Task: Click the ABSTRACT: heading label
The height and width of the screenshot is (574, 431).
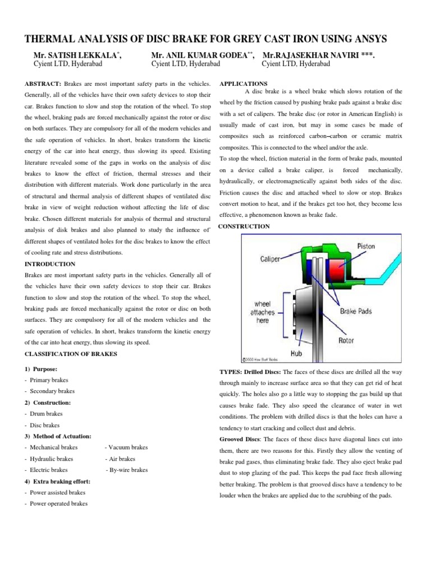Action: (x=44, y=83)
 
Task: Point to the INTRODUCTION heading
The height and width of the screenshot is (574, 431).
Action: (x=50, y=263)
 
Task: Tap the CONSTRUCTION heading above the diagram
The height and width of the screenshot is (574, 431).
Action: (x=244, y=226)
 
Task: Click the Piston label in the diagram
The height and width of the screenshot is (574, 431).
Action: (x=366, y=246)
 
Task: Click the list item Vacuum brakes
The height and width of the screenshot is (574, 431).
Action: (x=128, y=447)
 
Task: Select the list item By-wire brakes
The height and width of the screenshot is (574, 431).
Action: (x=129, y=470)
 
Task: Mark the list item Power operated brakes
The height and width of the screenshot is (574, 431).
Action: (x=58, y=504)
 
